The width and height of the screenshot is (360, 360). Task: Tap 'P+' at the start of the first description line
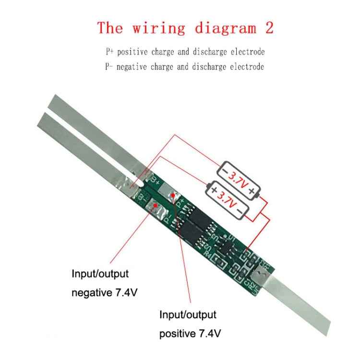pyautogui.click(x=109, y=51)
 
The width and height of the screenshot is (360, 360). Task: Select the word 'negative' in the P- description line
pyautogui.click(x=133, y=67)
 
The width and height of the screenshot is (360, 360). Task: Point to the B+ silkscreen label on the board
pyautogui.click(x=156, y=181)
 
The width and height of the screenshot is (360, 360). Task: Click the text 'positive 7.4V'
pyautogui.click(x=190, y=333)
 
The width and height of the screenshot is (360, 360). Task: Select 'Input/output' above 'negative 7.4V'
pyautogui.click(x=100, y=274)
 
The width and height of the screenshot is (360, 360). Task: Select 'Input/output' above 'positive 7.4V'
pyautogui.click(x=188, y=315)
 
